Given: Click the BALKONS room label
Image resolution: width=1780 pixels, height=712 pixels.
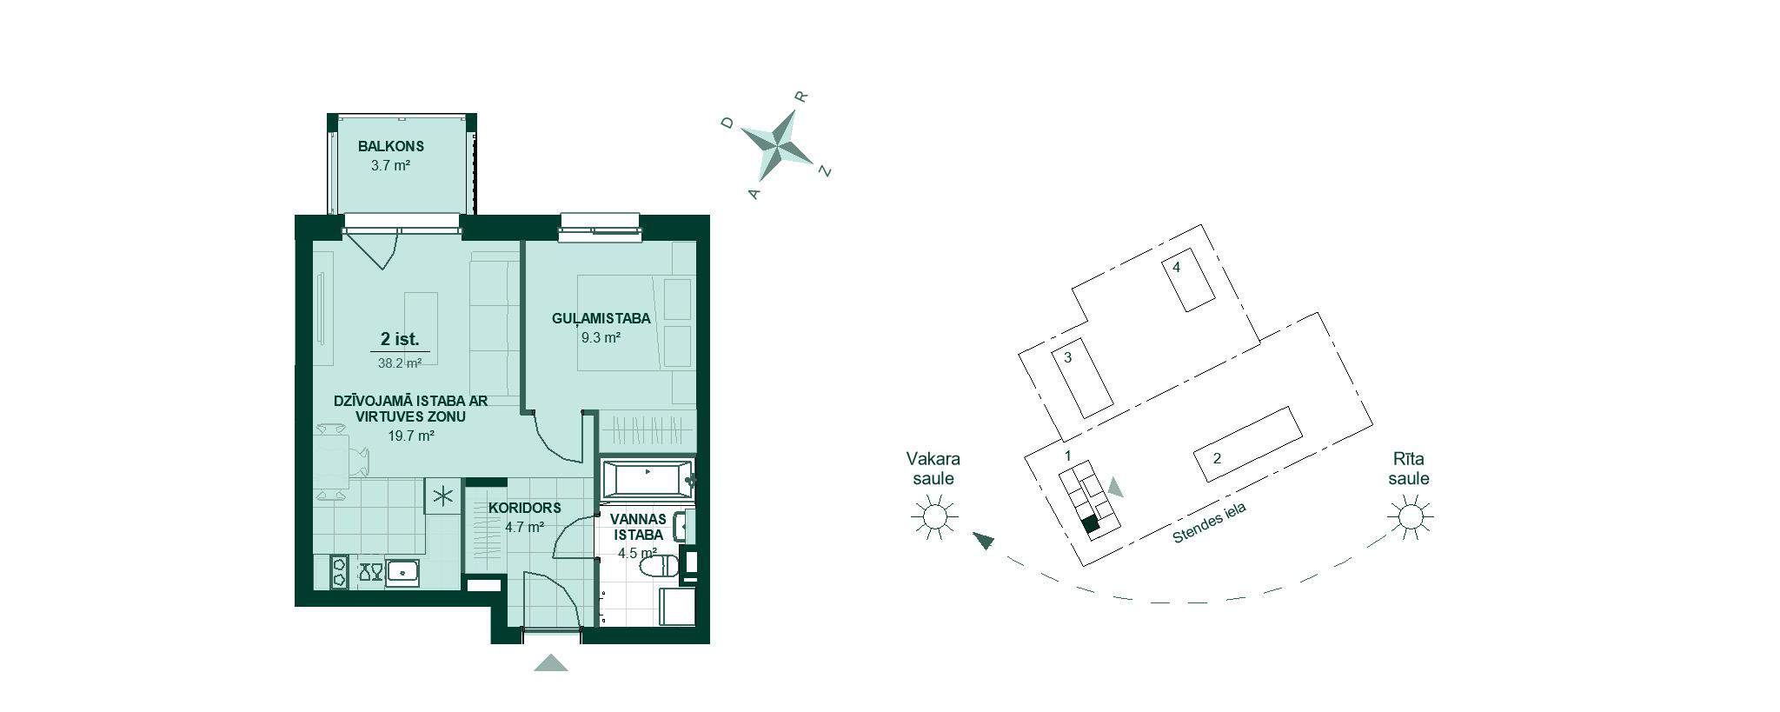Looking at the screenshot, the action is click(391, 147).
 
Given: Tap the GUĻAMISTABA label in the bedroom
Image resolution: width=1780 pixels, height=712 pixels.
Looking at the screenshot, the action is click(601, 319).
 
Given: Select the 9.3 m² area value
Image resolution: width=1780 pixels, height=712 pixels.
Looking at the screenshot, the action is click(601, 338).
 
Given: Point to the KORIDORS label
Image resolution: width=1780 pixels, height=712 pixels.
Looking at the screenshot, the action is click(524, 508).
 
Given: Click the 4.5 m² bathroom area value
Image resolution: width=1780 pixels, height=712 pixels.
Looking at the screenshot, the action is click(637, 552).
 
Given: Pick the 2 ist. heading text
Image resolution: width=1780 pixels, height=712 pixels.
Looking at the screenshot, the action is click(400, 339).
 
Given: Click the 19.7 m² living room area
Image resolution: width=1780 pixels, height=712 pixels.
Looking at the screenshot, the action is click(411, 436).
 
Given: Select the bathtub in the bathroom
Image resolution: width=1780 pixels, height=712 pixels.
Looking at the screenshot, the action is click(648, 479).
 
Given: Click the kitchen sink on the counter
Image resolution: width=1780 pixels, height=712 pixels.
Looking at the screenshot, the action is click(402, 571).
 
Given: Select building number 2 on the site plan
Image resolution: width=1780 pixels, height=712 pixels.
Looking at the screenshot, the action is click(1247, 444).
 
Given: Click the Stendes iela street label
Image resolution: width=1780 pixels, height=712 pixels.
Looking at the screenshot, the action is click(1209, 523).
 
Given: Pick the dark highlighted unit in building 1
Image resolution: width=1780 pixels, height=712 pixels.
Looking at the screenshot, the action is click(1091, 523).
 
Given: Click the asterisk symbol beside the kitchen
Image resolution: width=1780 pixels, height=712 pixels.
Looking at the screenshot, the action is click(442, 497).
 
